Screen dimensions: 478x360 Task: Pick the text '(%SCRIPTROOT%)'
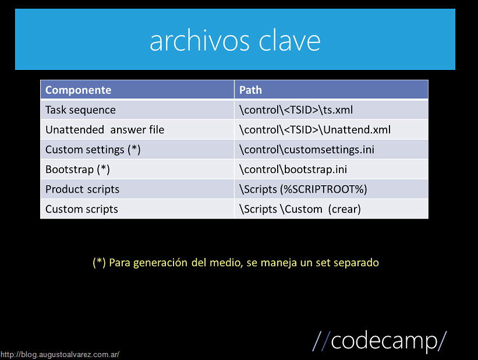[324, 189]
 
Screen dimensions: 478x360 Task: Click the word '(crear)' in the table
[345, 209]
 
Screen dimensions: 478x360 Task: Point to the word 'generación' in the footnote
[160, 263]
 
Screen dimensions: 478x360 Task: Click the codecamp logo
[380, 341]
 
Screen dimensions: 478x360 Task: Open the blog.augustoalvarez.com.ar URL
[60, 355]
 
